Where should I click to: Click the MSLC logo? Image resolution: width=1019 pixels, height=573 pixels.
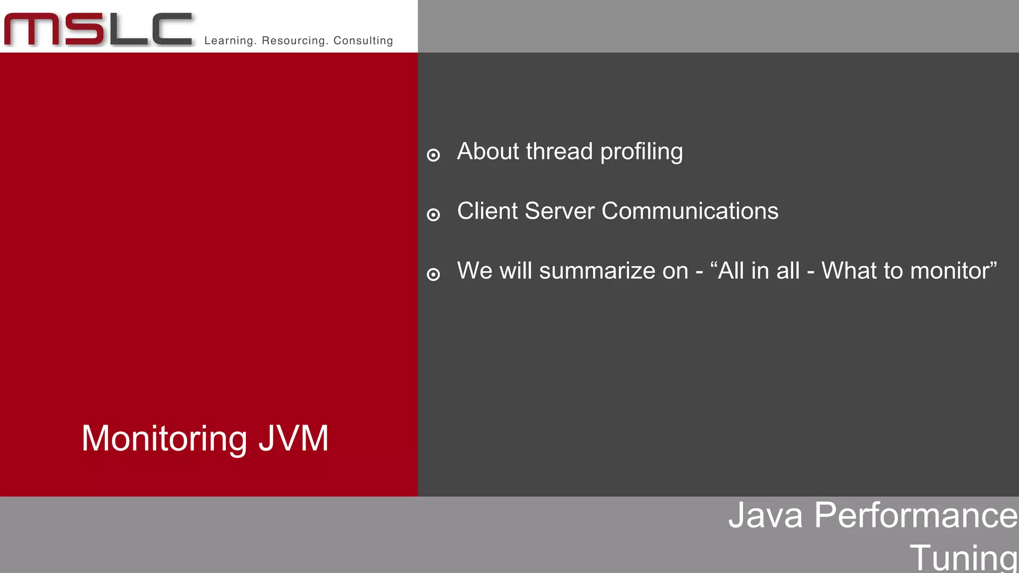click(98, 29)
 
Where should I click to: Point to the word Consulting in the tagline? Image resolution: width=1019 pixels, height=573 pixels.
click(363, 41)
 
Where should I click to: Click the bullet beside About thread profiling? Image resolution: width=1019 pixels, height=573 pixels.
click(433, 155)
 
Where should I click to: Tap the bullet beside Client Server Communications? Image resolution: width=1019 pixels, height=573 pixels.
click(433, 215)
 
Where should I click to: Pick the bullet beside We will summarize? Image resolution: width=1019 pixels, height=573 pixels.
click(433, 275)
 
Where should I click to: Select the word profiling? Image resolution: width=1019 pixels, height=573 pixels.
click(641, 152)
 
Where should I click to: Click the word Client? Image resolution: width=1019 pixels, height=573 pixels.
click(488, 211)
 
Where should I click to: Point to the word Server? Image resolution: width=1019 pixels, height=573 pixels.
click(559, 211)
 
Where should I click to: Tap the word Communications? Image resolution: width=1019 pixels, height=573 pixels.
click(690, 211)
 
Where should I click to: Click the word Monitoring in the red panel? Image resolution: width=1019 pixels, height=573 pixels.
click(164, 439)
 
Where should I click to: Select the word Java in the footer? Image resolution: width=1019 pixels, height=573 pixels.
click(765, 515)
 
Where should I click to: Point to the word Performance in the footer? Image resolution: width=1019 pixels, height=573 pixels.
click(916, 515)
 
